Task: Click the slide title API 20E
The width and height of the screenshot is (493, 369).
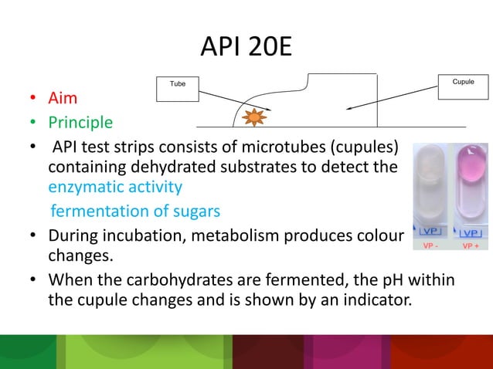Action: click(x=246, y=47)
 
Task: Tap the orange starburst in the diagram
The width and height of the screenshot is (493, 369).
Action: click(x=253, y=118)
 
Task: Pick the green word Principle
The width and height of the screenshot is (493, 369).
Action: click(x=80, y=123)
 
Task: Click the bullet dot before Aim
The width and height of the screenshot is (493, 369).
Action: click(x=33, y=100)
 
